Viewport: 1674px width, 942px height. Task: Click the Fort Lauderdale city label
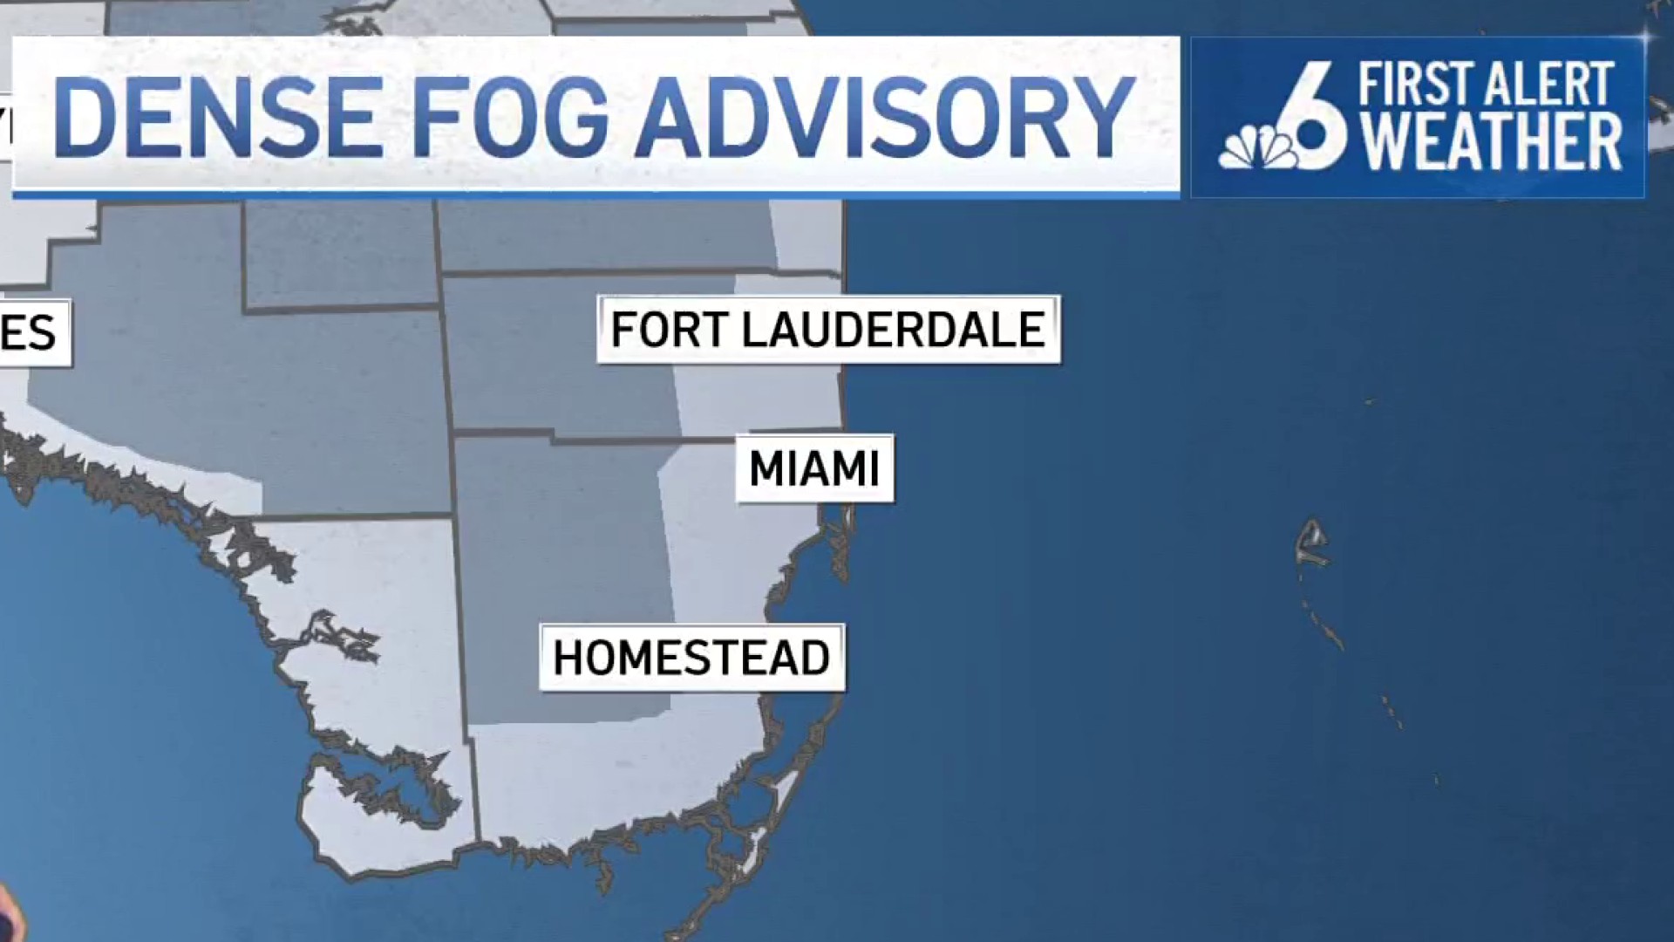click(x=828, y=330)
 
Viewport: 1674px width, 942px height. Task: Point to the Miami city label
click(x=814, y=469)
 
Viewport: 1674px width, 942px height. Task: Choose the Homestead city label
click(x=691, y=658)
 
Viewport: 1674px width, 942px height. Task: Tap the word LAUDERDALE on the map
click(x=893, y=330)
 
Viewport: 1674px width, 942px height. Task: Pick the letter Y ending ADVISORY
click(x=1102, y=118)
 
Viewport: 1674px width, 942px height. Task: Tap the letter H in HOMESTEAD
click(x=568, y=658)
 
